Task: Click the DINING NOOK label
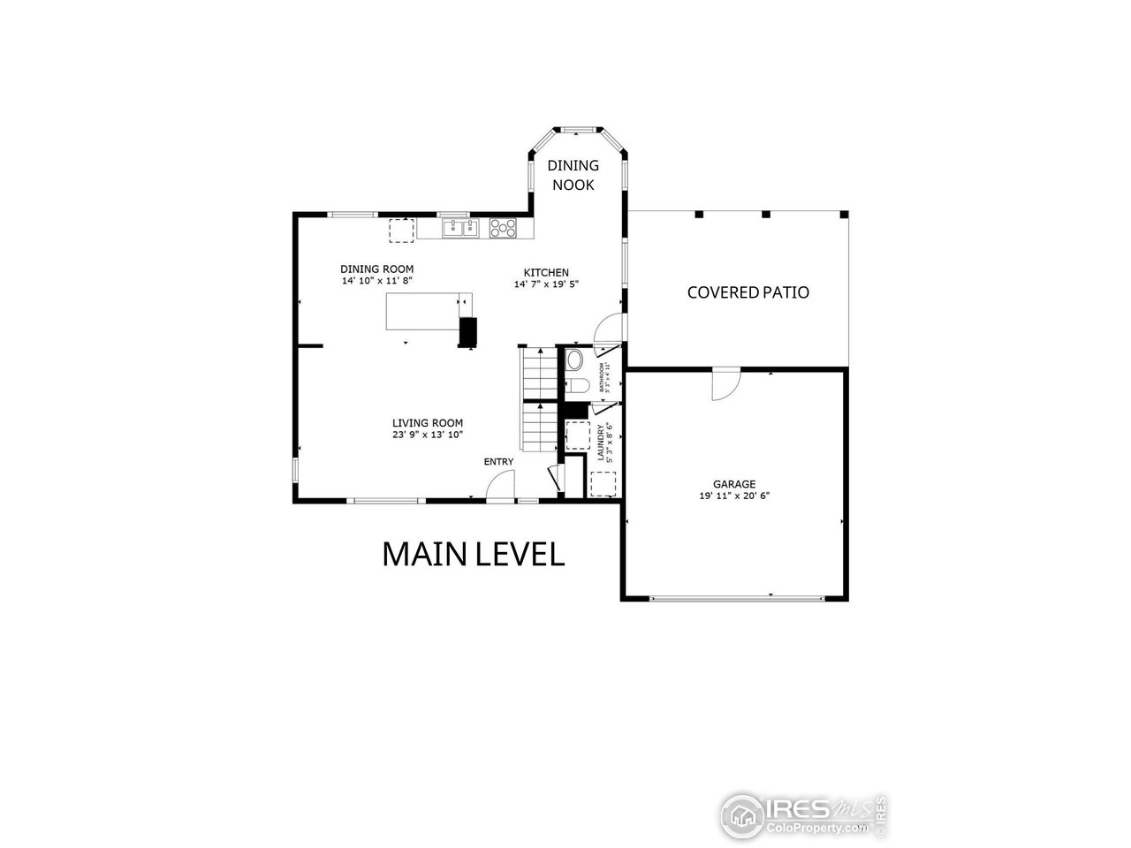573,175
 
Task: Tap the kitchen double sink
459,229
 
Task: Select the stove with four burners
503,228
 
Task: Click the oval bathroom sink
574,360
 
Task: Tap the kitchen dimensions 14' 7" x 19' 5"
546,284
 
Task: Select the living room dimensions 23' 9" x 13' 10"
428,435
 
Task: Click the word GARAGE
734,484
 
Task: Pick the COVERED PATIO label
748,292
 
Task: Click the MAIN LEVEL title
473,555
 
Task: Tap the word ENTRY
498,462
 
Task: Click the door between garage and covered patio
725,383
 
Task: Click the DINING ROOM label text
377,269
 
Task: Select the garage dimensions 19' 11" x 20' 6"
734,496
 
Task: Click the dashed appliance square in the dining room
402,229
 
